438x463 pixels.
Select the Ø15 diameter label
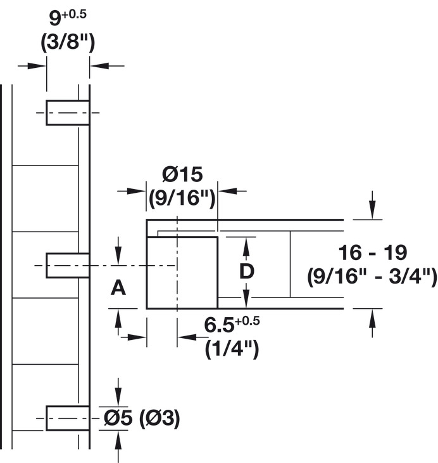pyautogui.click(x=182, y=173)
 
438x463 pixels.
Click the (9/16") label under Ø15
pyautogui.click(x=182, y=199)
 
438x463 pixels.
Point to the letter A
pyautogui.click(x=118, y=289)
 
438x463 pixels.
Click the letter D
pyautogui.click(x=247, y=271)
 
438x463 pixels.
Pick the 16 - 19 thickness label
pyautogui.click(x=372, y=252)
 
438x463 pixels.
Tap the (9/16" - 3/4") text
pyautogui.click(x=372, y=277)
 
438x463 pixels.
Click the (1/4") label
pyautogui.click(x=232, y=349)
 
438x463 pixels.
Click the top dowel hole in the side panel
pyautogui.click(x=67, y=113)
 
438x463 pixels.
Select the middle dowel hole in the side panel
pyautogui.click(x=67, y=264)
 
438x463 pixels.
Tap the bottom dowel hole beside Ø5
pyautogui.click(x=67, y=417)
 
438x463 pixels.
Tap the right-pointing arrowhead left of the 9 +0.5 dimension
pyautogui.click(x=41, y=65)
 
